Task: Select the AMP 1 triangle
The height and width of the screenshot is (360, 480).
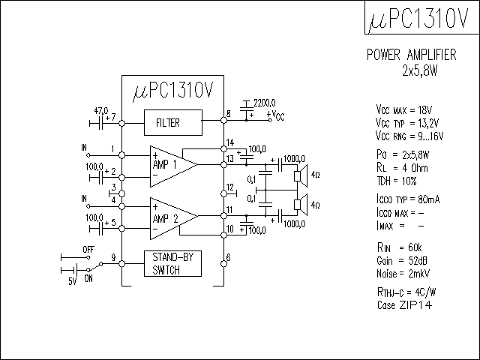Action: click(x=169, y=163)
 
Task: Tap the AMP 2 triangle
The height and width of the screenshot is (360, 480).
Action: click(x=169, y=217)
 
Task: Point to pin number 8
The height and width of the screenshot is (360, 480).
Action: click(x=228, y=115)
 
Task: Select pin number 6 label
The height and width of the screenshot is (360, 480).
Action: click(x=228, y=257)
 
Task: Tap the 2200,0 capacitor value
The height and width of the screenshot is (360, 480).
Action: click(x=265, y=102)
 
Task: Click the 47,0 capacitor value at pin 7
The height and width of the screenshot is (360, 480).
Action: click(x=101, y=109)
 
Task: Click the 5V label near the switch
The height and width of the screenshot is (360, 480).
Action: click(x=72, y=281)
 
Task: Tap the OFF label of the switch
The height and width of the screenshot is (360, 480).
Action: click(x=87, y=248)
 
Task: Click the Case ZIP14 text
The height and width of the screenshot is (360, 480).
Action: click(x=405, y=306)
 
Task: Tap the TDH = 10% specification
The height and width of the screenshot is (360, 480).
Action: click(x=397, y=181)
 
